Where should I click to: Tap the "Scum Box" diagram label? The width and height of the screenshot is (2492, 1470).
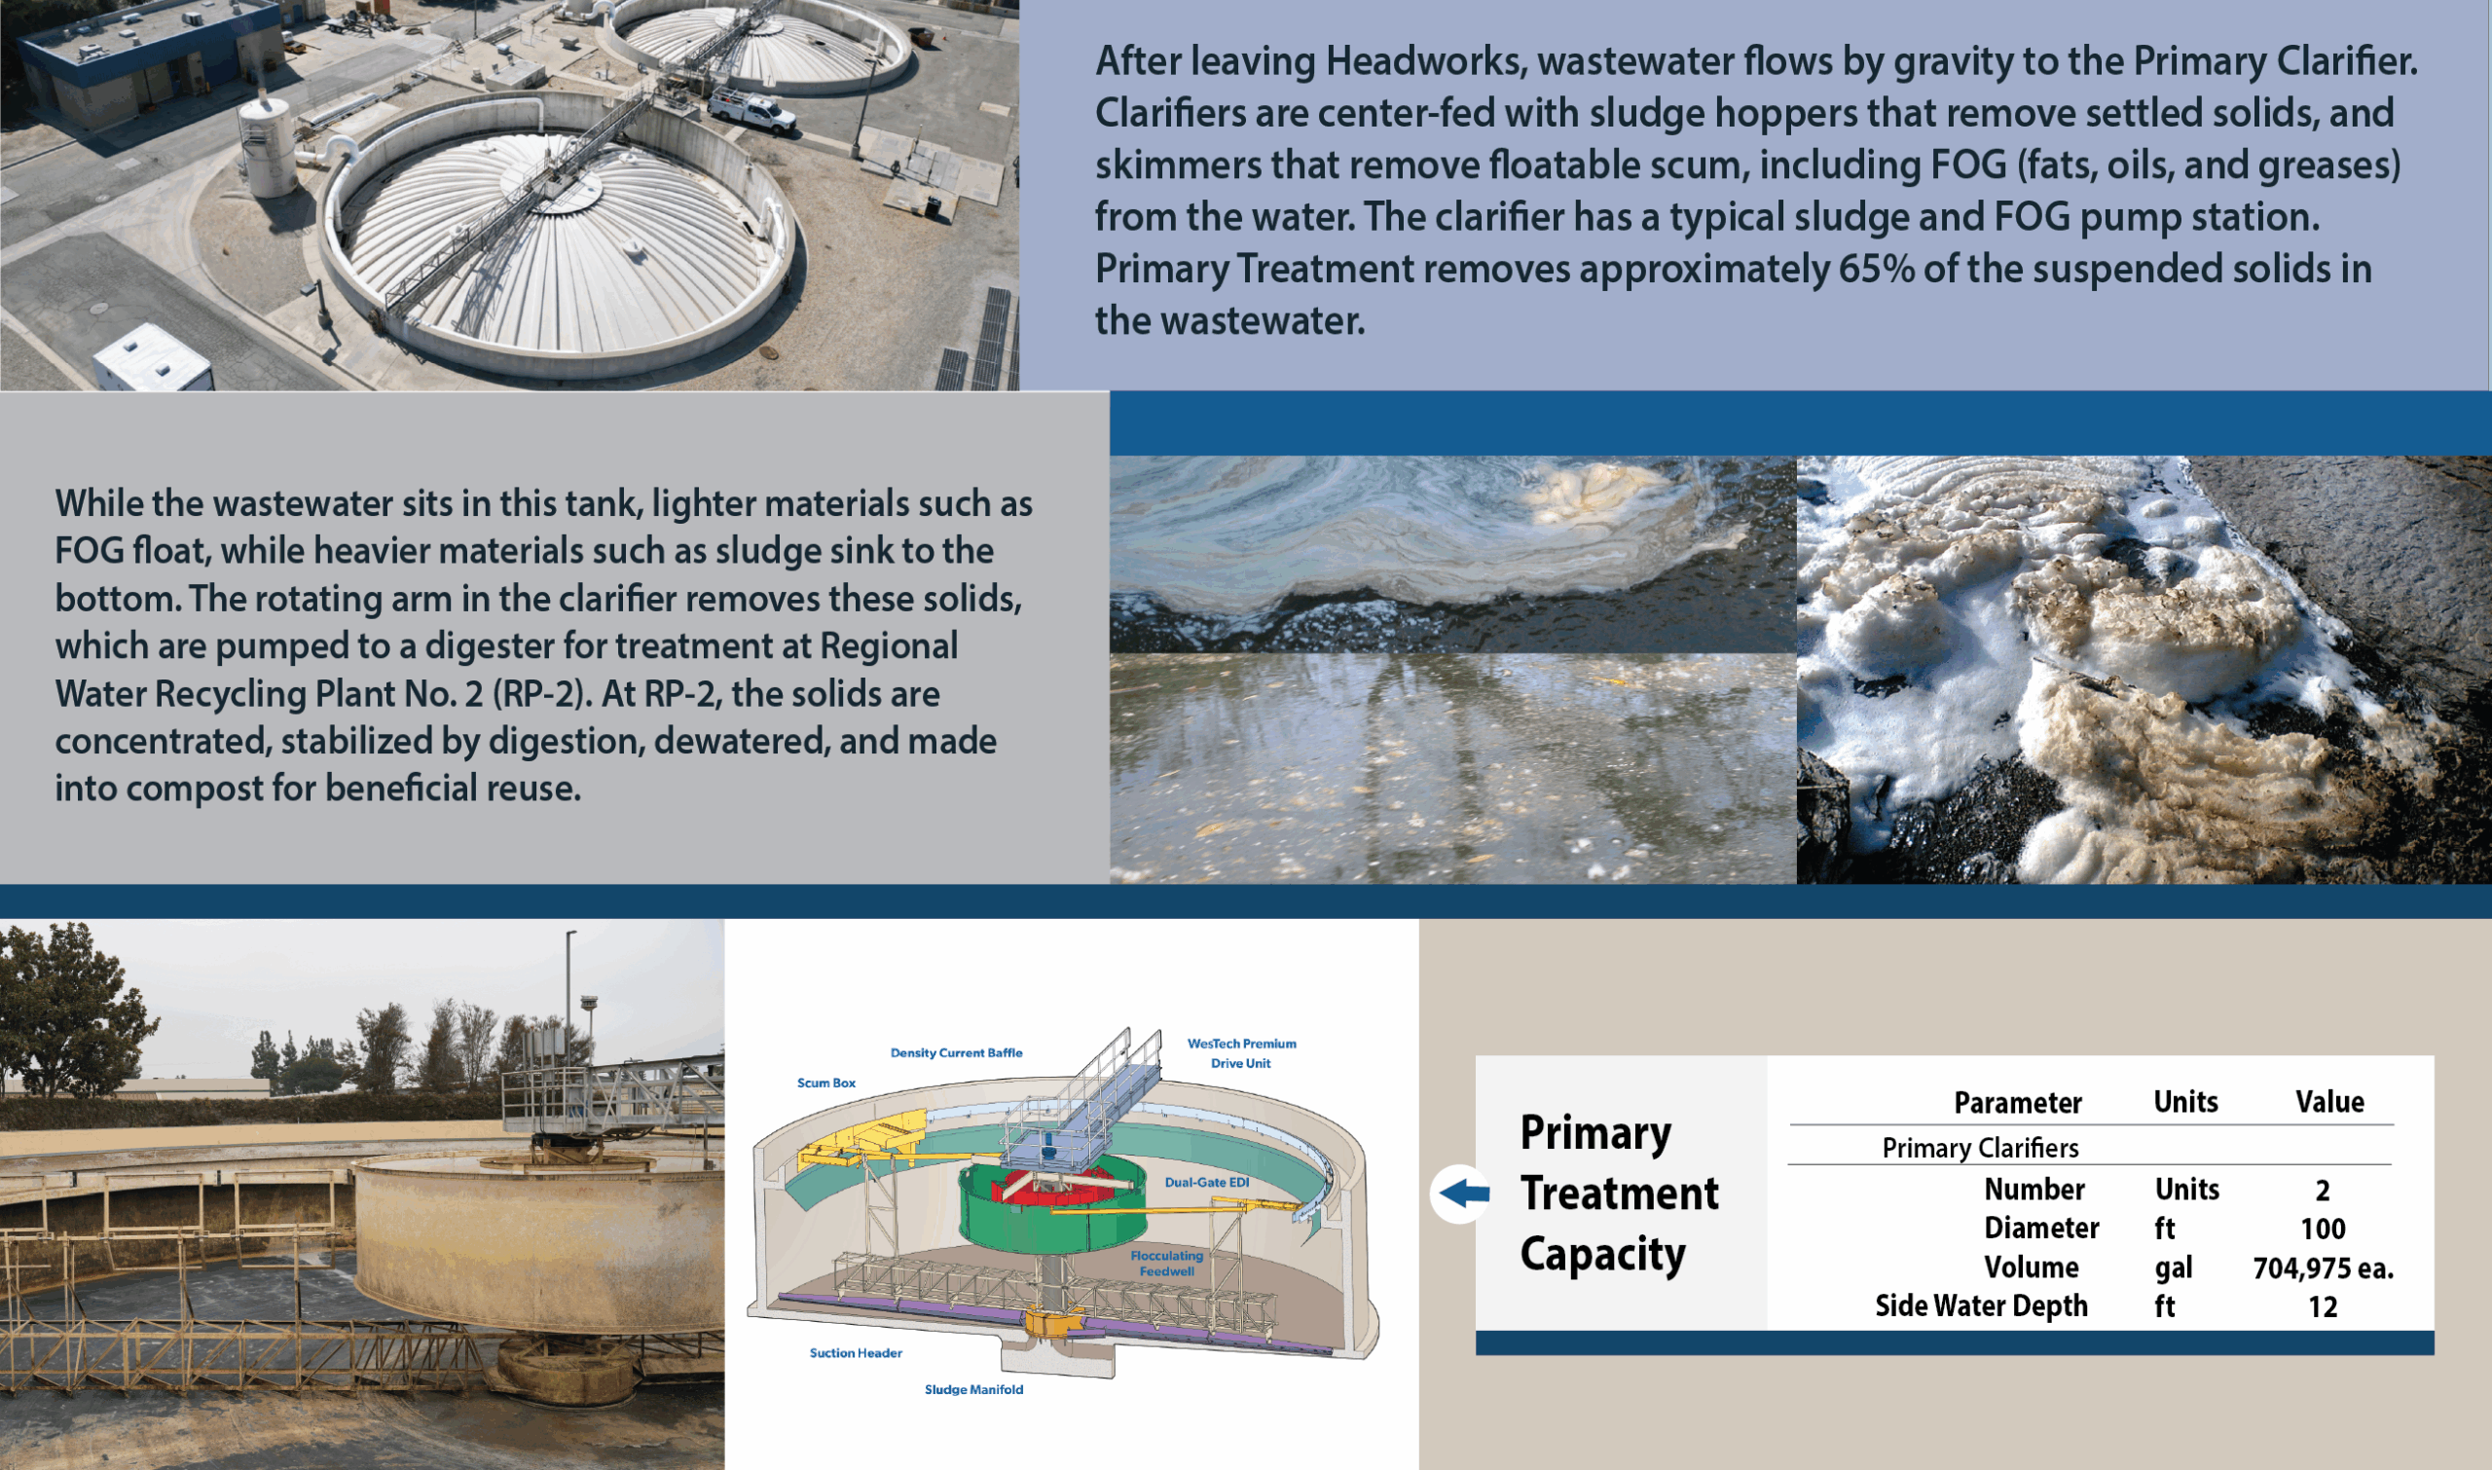coord(826,1083)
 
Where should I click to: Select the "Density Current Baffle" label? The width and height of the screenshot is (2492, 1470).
coord(956,1052)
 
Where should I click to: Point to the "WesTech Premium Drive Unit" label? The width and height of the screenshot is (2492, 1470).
coord(1241,1053)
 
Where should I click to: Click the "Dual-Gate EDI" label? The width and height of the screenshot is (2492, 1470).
coord(1206,1182)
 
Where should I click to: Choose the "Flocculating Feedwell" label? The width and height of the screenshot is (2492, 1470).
coord(1167,1263)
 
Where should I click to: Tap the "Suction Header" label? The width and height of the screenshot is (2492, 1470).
coord(856,1352)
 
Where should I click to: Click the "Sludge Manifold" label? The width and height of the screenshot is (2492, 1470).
coord(973,1389)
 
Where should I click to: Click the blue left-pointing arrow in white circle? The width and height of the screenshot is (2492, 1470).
coord(1462,1193)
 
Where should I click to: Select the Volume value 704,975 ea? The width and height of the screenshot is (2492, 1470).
coord(2323,1268)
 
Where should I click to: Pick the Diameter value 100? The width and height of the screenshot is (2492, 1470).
coord(2322,1229)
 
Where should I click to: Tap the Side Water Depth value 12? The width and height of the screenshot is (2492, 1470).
coord(2322,1306)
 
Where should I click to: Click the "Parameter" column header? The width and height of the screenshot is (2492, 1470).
coord(2018,1102)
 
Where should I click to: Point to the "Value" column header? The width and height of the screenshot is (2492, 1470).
coord(2329,1101)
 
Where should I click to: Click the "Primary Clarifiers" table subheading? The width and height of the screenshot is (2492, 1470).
coord(1980,1147)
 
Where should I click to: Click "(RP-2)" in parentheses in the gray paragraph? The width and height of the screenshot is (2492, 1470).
coord(542,693)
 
